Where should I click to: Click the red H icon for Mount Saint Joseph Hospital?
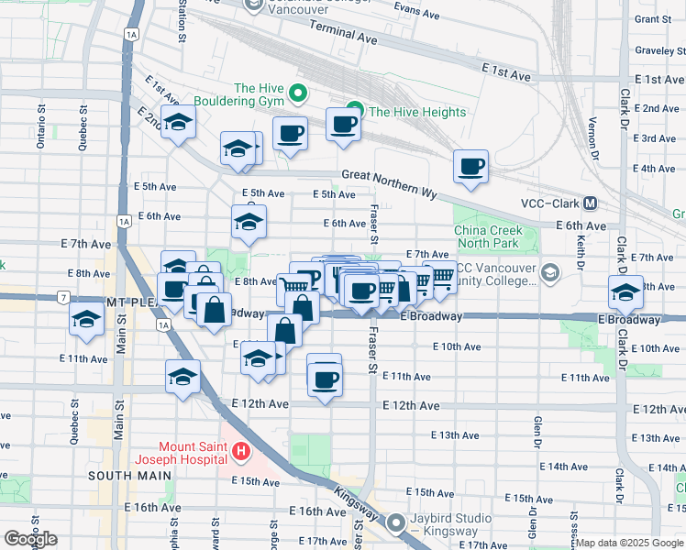[x=240, y=450]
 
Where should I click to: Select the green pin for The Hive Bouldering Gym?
[x=297, y=93]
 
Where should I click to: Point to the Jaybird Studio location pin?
[x=396, y=523]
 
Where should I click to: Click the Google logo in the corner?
[x=30, y=539]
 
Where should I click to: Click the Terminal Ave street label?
[x=344, y=36]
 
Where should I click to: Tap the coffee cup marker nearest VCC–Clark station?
[x=470, y=167]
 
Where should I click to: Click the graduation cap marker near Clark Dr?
[x=625, y=293]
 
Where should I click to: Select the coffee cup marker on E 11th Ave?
[x=324, y=378]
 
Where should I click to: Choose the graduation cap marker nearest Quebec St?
[x=85, y=320]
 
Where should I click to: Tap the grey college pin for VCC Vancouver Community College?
[x=549, y=272]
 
